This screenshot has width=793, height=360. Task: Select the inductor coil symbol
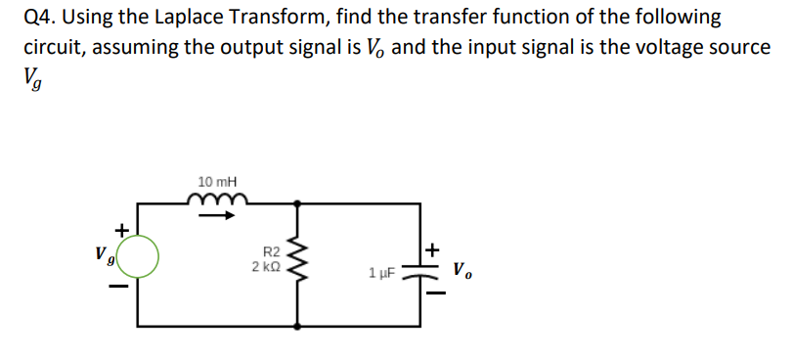pos(217,200)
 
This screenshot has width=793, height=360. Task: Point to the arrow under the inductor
pos(217,216)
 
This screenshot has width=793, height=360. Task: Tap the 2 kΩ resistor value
pos(268,267)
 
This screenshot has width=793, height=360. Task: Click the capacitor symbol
pos(419,271)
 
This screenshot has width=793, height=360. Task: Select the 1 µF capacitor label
pos(382,272)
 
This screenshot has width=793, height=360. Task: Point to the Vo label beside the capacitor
pos(463,268)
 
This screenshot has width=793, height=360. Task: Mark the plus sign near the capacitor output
pos(434,250)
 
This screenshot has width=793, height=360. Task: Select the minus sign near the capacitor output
pos(434,291)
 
